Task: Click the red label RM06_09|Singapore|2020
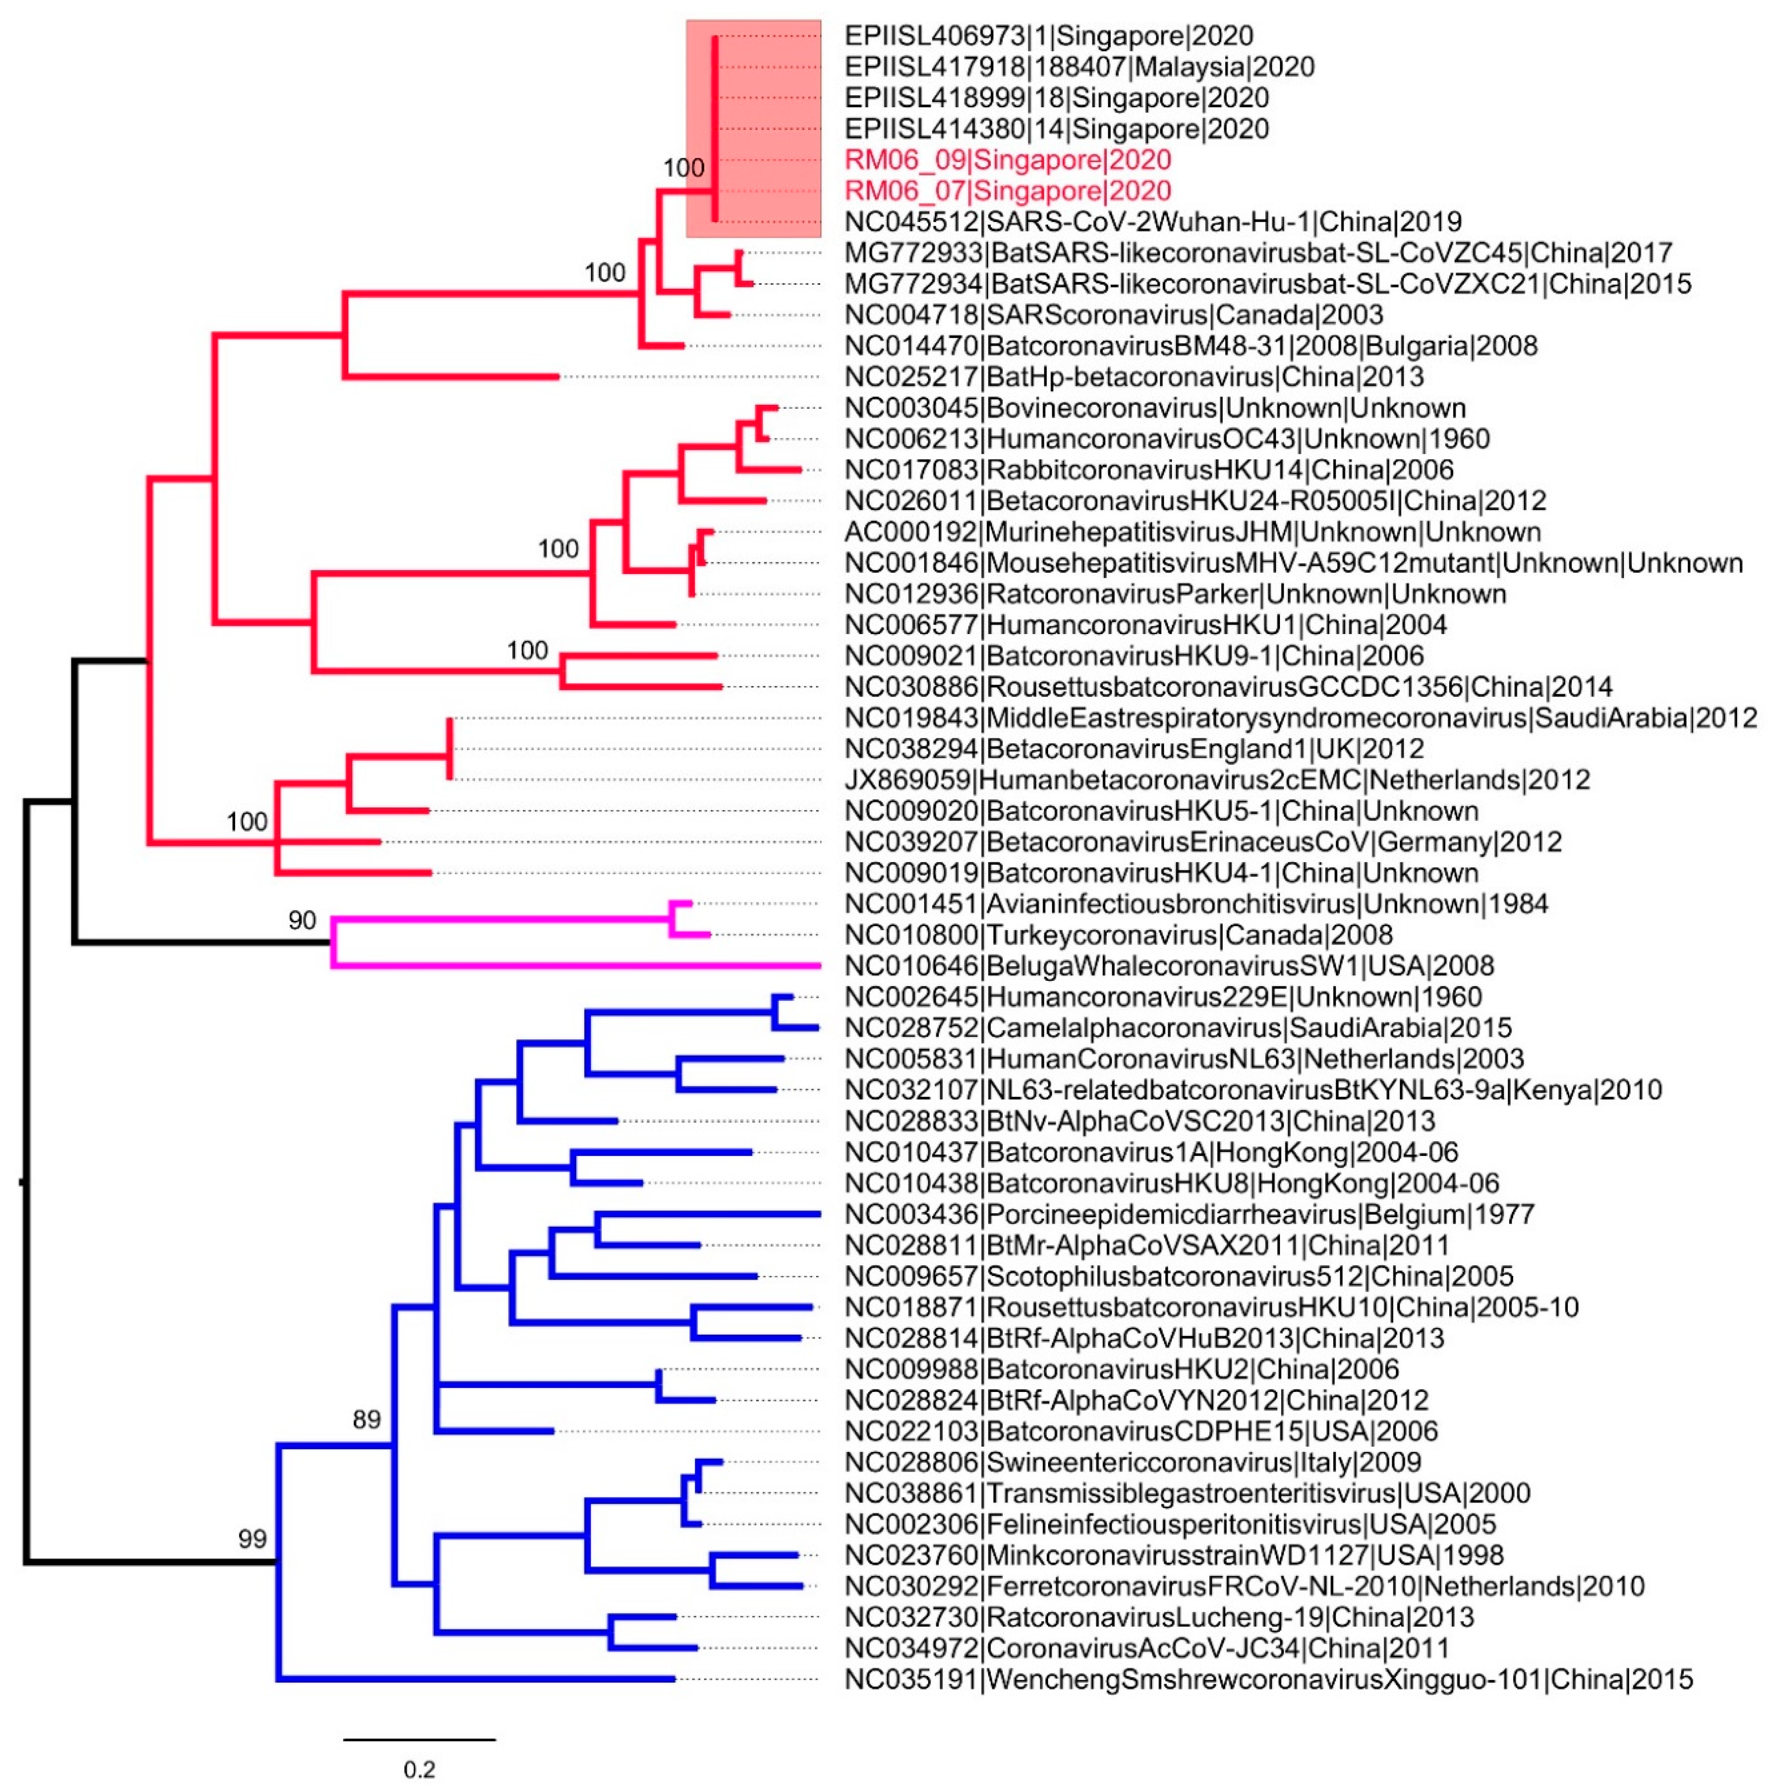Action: pos(1008,160)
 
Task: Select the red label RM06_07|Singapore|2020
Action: pos(1008,191)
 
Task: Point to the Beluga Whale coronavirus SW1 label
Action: pos(1169,966)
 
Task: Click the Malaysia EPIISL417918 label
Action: pos(1079,67)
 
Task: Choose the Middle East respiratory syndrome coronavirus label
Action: pos(1300,717)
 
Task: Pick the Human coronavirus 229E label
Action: pos(1163,997)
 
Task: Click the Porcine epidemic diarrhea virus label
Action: pos(1189,1214)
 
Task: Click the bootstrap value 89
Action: pos(367,1419)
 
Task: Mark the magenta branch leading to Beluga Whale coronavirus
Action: pos(574,966)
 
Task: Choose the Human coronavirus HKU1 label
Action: pos(1146,625)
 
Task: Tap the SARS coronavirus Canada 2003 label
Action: pos(1113,315)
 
